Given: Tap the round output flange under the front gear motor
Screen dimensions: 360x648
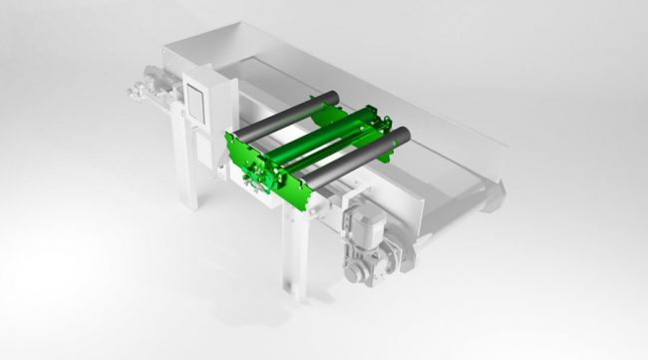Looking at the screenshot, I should coord(358,268).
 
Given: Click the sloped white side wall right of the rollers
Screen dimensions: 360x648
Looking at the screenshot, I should coord(439,130).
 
